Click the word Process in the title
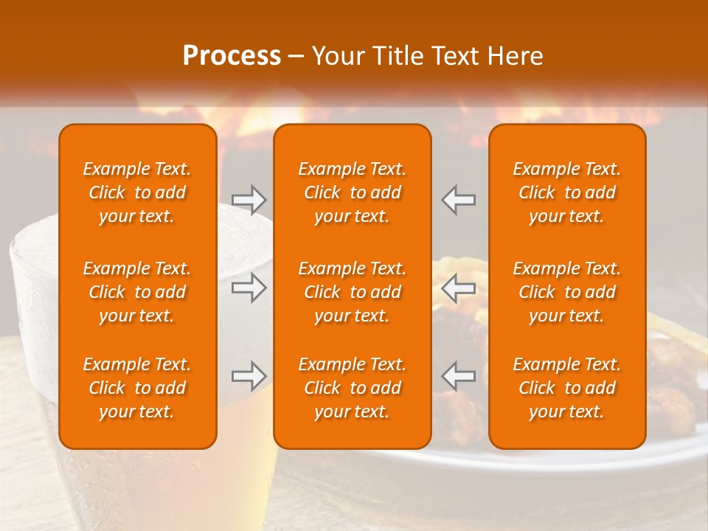click(232, 56)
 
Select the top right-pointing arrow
click(249, 199)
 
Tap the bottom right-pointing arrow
click(249, 376)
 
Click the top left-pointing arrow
click(459, 199)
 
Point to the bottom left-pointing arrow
click(459, 376)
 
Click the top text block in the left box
click(137, 192)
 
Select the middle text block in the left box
click(137, 292)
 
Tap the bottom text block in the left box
click(137, 388)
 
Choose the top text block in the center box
click(352, 192)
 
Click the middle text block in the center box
click(352, 292)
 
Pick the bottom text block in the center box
click(352, 388)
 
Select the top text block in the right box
click(566, 192)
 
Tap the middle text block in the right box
click(566, 292)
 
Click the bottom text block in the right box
click(566, 388)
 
